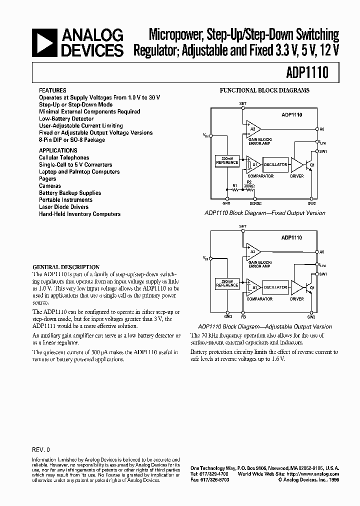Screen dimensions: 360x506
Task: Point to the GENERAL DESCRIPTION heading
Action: [x=66, y=267]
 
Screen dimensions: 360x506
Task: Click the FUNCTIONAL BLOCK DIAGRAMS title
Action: [x=264, y=90]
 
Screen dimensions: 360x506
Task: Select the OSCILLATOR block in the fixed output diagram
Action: [x=275, y=164]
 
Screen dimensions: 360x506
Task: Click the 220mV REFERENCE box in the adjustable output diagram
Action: [x=227, y=282]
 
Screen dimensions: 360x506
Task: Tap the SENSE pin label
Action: [x=255, y=203]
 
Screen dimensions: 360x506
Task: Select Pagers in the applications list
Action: [x=47, y=178]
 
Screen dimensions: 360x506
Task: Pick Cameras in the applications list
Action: [x=50, y=185]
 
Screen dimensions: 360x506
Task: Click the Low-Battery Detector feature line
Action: [x=66, y=119]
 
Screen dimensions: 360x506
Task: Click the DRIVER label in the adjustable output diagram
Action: [x=297, y=299]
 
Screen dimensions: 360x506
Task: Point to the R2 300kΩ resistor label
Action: [x=248, y=184]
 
